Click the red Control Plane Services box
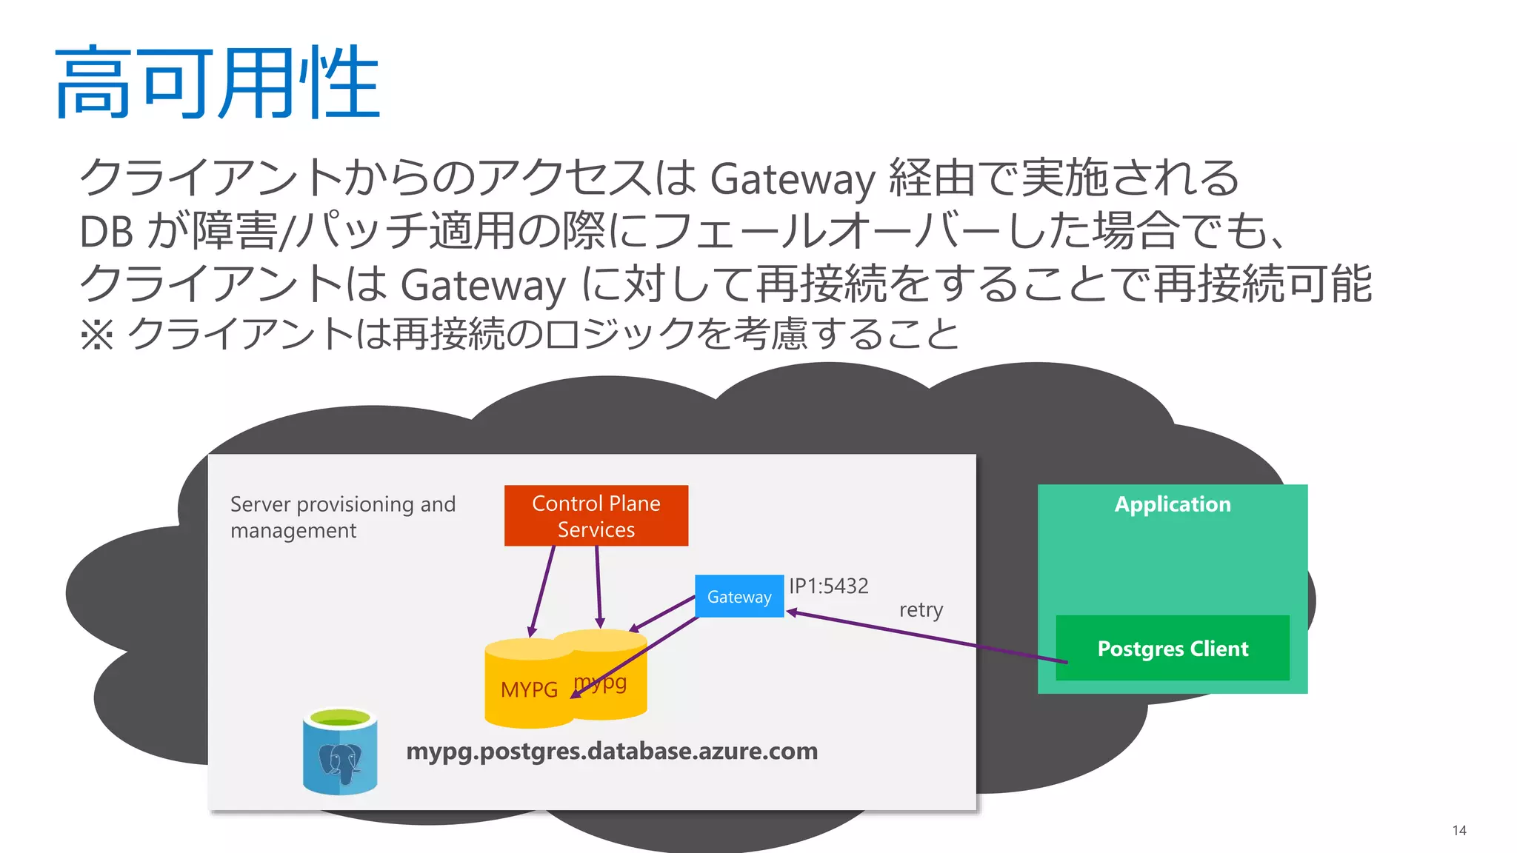click(596, 516)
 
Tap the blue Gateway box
click(739, 596)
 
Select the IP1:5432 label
click(828, 586)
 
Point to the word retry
click(921, 610)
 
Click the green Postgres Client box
click(1172, 648)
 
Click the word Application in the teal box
click(1172, 504)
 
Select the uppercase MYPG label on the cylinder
click(529, 689)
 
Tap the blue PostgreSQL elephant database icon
click(340, 753)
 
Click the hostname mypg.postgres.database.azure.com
click(612, 751)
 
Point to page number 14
click(1458, 830)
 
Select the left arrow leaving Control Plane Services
click(542, 592)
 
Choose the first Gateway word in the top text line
click(792, 179)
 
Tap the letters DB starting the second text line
click(106, 232)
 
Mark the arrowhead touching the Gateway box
click(791, 612)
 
